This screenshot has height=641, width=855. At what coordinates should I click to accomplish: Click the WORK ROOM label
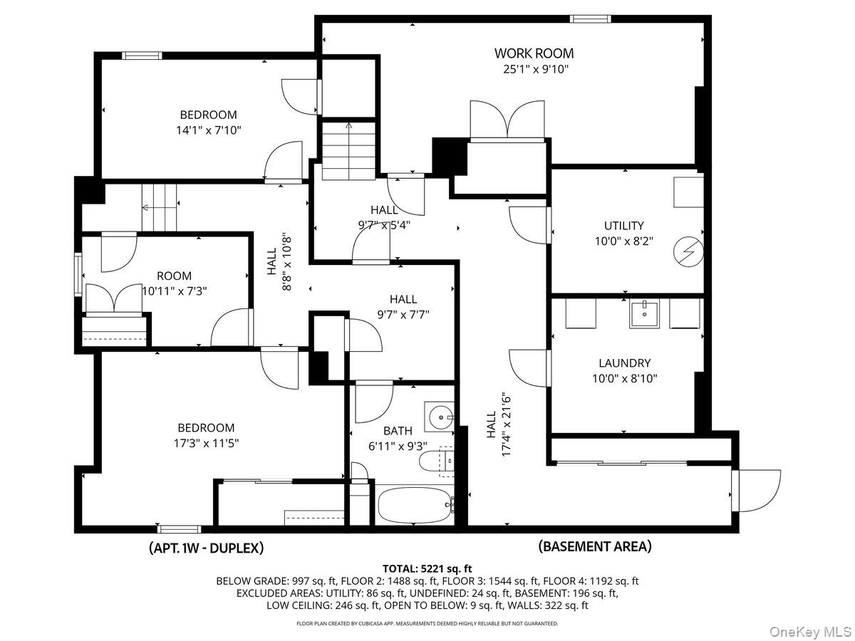[x=534, y=53]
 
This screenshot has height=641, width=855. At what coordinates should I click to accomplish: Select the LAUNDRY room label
[x=624, y=363]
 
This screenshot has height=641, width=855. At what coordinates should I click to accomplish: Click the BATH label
[x=398, y=430]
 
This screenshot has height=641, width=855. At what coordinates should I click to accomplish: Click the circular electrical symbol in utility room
[x=688, y=251]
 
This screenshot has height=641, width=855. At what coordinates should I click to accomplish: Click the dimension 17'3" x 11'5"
[x=206, y=442]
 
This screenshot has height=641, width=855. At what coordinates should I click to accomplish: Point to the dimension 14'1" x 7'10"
[x=208, y=129]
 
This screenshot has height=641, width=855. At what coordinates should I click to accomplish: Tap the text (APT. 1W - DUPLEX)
[x=206, y=548]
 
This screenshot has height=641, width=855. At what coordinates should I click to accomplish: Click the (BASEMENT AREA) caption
[x=594, y=546]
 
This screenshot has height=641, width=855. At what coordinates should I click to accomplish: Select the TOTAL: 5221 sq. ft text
[x=427, y=568]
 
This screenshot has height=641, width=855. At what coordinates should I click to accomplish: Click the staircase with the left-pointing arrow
[x=158, y=207]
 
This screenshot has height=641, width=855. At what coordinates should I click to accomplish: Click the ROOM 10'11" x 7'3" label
[x=174, y=283]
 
